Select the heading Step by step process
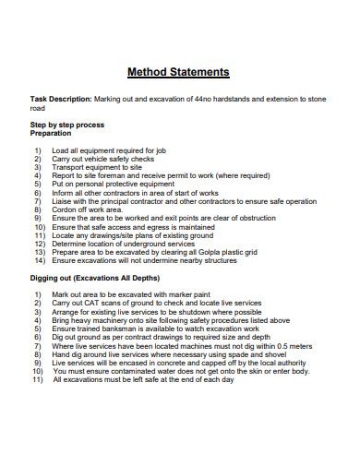tap(67, 124)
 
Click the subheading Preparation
tap(51, 132)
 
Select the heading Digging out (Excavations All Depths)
tap(95, 278)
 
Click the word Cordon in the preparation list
tap(65, 209)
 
